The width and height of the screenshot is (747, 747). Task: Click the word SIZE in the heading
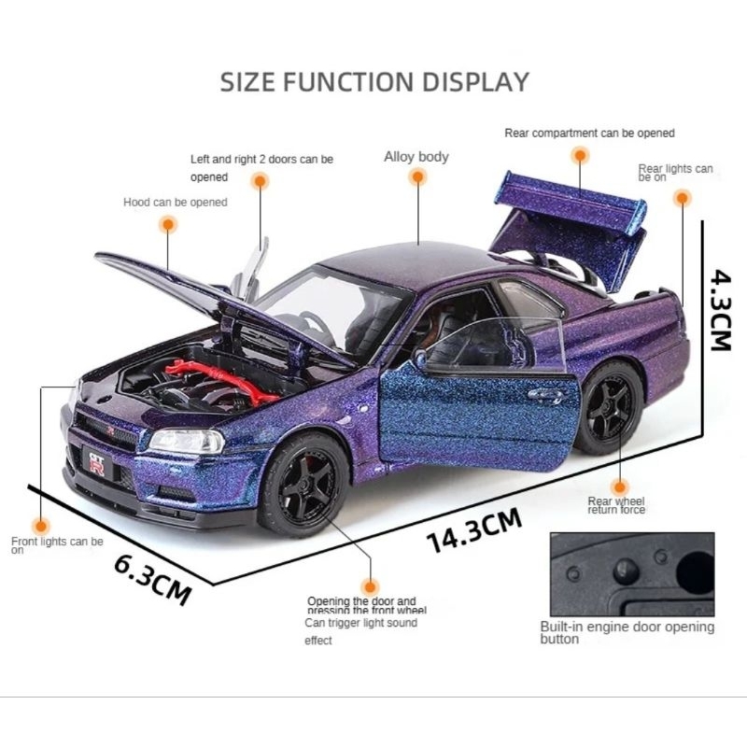coord(249,81)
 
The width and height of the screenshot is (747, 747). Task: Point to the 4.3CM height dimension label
coord(720,311)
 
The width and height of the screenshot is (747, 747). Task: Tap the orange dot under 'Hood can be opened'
coord(168,224)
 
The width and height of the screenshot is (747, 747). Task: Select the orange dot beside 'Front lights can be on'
coord(39,526)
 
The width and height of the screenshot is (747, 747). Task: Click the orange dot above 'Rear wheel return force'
coord(619,486)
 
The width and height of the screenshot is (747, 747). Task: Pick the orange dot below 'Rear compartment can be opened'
coord(580,156)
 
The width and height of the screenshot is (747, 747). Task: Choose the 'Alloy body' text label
coord(416,157)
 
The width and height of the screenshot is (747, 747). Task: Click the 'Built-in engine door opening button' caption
coord(627,633)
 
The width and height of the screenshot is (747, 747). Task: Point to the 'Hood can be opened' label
coord(175,202)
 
